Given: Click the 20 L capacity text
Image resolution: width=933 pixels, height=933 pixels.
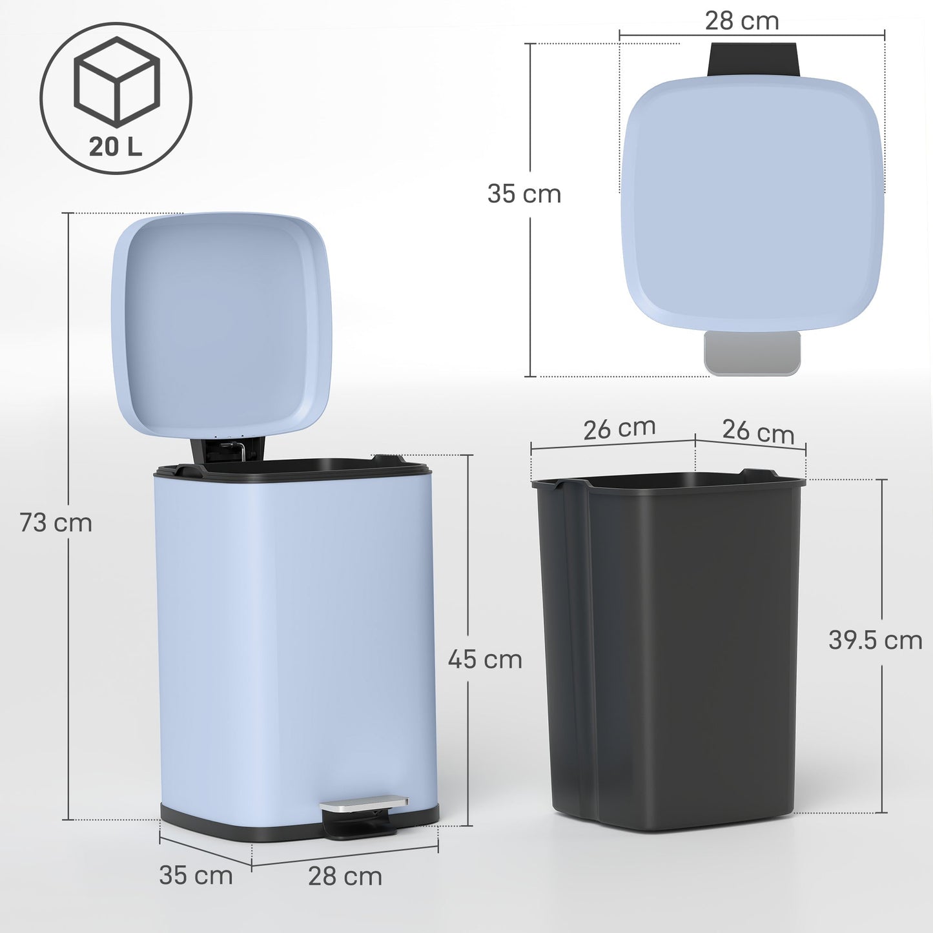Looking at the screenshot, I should coord(115,147).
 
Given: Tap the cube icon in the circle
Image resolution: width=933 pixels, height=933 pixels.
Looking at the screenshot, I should coord(116,81).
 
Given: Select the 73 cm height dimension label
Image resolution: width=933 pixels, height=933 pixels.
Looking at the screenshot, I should coord(56,522).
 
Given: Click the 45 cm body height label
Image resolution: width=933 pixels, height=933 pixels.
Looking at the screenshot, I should coord(485,659).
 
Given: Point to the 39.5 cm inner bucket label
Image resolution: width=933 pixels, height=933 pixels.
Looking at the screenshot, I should coord(875,640).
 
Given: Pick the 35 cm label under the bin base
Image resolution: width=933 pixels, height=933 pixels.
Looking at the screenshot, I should coord(196,876).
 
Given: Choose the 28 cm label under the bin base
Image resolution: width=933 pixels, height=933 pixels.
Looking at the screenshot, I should coord(345,876).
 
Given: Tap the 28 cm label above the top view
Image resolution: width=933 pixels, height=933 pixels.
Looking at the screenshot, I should coord(742,21).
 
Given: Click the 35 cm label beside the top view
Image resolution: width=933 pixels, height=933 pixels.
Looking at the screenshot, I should coord(524,194).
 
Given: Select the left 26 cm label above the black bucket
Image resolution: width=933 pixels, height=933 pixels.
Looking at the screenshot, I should coord(619,429).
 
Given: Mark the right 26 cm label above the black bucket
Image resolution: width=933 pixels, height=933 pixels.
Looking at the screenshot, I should coord(758,431).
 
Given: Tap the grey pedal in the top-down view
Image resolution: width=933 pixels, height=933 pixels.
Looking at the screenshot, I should coord(752,353).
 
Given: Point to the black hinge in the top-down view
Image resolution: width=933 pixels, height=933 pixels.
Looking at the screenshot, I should coord(754,59).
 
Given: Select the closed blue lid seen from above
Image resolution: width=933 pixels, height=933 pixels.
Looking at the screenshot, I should coord(752,203).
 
